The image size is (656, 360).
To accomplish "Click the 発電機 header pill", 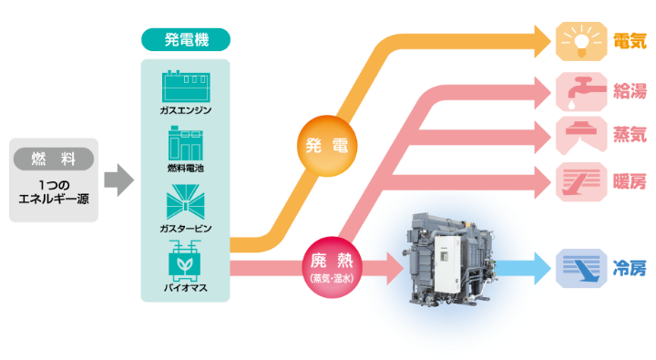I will [x=185, y=39].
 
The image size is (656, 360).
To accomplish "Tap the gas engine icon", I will [x=185, y=87].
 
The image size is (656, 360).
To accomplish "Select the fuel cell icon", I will [x=185, y=144].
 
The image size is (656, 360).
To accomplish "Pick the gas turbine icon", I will [x=185, y=201].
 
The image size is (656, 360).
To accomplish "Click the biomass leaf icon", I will [x=185, y=261].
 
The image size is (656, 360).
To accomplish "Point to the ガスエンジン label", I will [x=185, y=111].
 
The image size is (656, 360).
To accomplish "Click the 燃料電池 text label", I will [x=185, y=169].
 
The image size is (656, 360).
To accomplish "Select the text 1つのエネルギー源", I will [x=54, y=190].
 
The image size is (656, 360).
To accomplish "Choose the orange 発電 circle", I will [x=326, y=147].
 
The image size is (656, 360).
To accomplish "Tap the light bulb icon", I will [x=579, y=39].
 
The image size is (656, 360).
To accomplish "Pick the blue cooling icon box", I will [x=579, y=269].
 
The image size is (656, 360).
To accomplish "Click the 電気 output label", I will [x=629, y=39].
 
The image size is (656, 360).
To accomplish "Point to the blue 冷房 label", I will [x=629, y=269].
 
